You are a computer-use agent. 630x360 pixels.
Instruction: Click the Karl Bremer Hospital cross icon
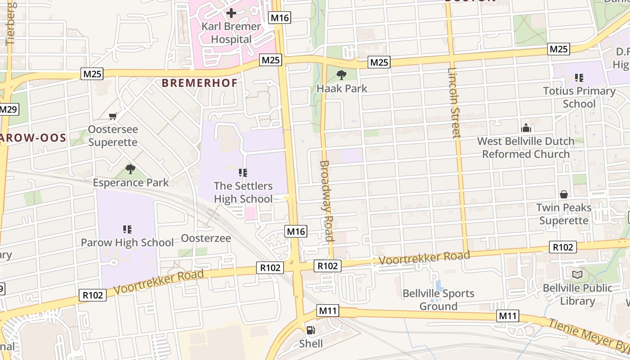click(231, 13)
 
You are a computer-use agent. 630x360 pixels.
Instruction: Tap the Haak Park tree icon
click(342, 75)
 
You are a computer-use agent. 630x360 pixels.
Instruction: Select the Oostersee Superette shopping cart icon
click(113, 116)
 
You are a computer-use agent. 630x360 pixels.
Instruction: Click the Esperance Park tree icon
click(130, 169)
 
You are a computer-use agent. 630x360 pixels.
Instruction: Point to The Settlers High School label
click(243, 192)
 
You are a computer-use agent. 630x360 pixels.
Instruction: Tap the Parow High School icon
click(127, 229)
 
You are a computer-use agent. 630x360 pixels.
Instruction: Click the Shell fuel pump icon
click(310, 330)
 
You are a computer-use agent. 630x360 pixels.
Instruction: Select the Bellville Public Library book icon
click(577, 274)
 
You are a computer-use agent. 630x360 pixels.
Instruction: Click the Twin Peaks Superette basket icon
click(563, 194)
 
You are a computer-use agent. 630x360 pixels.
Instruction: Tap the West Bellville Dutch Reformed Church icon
click(526, 128)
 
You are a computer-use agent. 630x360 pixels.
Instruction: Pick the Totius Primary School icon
click(579, 78)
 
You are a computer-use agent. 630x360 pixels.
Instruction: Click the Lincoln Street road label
click(454, 103)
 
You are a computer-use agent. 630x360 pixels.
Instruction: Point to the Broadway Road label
click(327, 201)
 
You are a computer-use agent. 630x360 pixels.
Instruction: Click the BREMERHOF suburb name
click(199, 83)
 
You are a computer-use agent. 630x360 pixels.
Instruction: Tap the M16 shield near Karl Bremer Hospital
click(279, 18)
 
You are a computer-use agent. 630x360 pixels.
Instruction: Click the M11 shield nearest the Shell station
click(328, 310)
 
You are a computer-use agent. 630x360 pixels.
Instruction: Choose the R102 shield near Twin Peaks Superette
click(562, 247)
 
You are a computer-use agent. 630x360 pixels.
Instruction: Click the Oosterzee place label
click(206, 238)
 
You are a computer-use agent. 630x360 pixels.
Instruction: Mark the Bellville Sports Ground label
click(438, 300)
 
